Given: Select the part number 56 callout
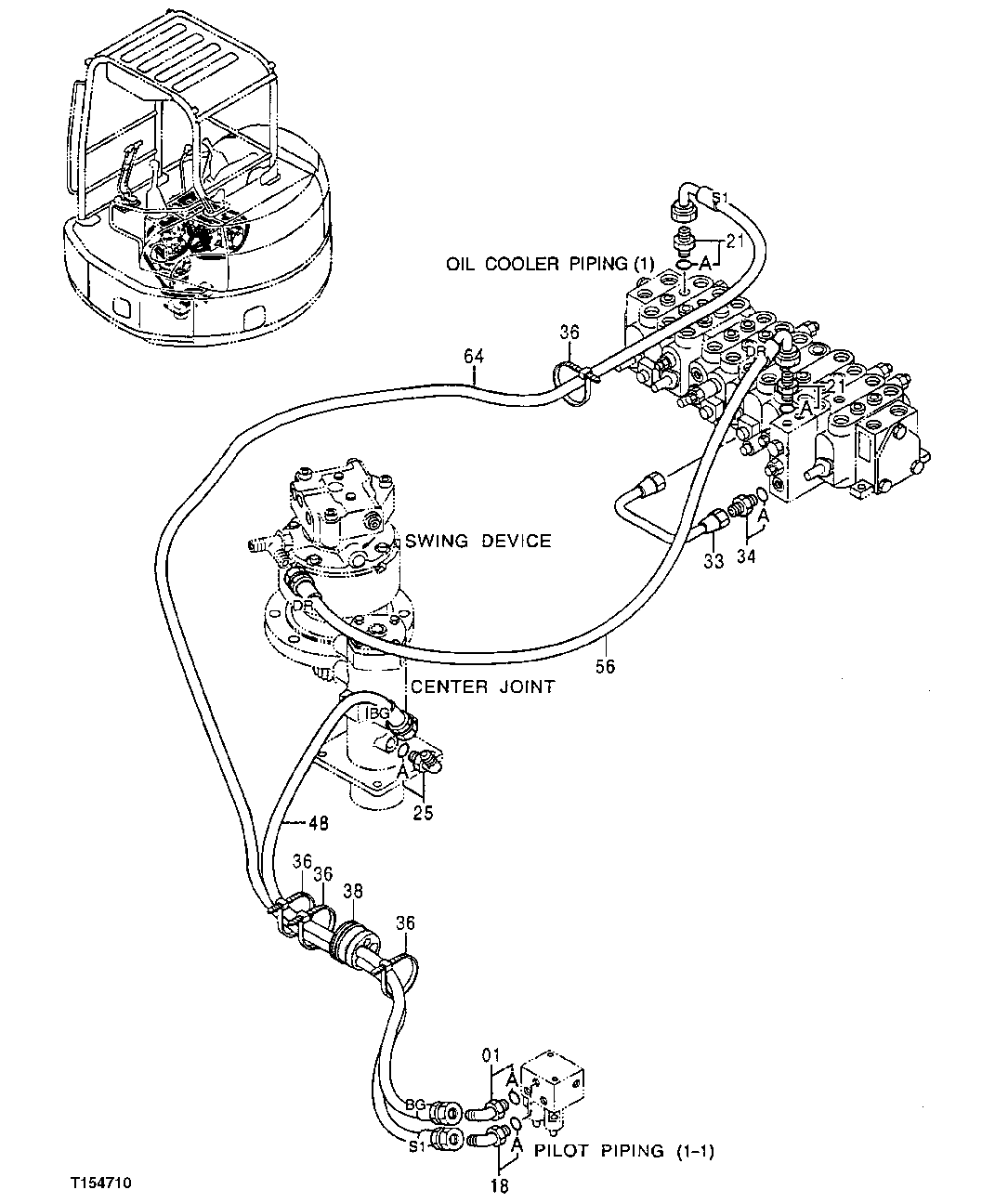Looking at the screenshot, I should [x=606, y=666].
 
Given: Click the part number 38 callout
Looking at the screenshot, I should [x=354, y=889].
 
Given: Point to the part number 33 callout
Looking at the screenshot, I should [x=713, y=560].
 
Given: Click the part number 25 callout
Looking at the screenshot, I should [x=423, y=815].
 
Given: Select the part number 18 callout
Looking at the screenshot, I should [x=499, y=1184].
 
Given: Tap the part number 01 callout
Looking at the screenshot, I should [x=491, y=1055].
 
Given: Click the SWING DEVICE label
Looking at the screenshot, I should [x=478, y=541].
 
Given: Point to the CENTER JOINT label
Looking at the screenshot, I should [x=482, y=686].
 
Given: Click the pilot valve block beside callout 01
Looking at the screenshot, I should [x=555, y=1082].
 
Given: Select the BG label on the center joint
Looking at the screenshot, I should [x=378, y=713].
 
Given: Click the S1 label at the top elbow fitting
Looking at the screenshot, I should [x=722, y=197].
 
